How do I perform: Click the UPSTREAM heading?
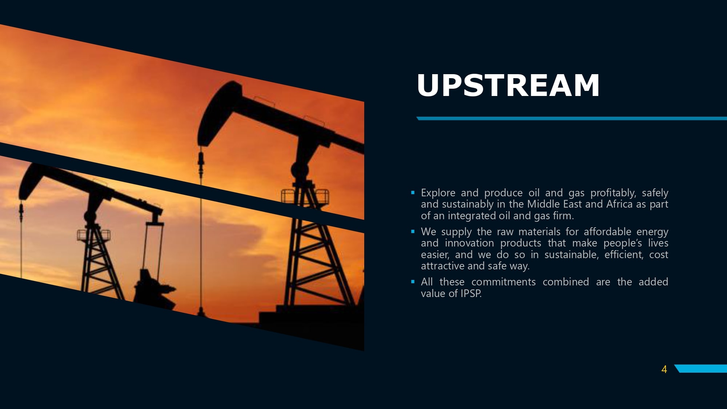coord(508,85)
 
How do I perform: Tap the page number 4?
coord(664,369)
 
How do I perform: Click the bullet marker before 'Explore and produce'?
coord(413,192)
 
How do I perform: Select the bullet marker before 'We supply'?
coord(413,231)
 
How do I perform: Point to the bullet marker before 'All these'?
coord(413,281)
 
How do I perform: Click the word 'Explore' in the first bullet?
coord(438,193)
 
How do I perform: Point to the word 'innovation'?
coord(469,243)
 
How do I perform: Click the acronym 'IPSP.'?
coord(471,293)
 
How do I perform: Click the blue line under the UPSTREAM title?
coord(571,119)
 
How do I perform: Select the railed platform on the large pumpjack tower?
coord(305,197)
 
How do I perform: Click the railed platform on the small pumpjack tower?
coord(93,235)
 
